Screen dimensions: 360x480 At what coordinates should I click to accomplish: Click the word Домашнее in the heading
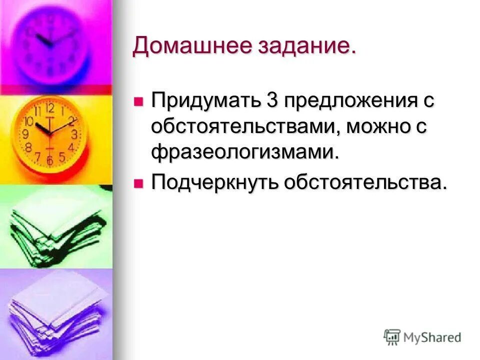192,46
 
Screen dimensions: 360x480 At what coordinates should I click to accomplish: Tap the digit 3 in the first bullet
272,101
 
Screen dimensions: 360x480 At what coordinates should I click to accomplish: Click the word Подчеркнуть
215,183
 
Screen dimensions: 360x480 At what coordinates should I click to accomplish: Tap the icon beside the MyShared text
392,337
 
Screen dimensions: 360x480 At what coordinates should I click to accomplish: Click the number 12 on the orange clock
49,108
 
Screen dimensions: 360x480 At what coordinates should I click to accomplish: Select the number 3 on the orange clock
74,134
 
